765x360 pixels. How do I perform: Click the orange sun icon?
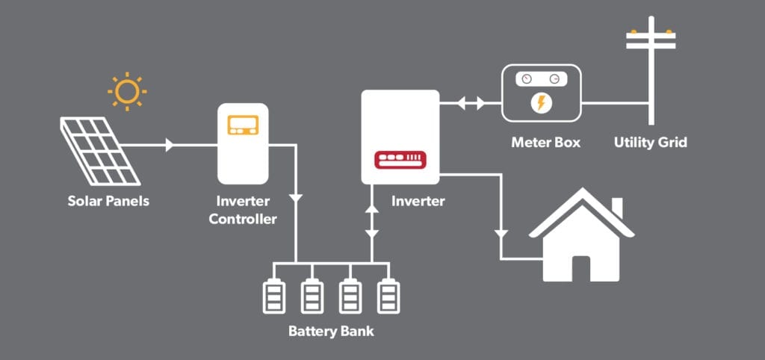pos(127,91)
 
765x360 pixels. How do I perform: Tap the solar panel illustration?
pos(101,151)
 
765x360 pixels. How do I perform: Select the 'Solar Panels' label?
pos(108,201)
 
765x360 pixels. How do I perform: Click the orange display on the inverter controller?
pos(244,125)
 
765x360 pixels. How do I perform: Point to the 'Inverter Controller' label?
pos(243,210)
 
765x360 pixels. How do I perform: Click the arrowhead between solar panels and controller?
pos(170,145)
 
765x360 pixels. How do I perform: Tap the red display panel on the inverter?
pos(400,160)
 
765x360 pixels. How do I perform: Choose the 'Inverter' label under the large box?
pos(418,201)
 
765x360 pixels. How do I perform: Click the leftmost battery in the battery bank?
pos(273,296)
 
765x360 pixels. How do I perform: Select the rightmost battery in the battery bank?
pos(388,296)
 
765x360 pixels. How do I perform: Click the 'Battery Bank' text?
pos(331,331)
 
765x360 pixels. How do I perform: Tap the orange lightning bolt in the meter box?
pos(541,103)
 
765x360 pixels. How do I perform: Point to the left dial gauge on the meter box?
pos(527,79)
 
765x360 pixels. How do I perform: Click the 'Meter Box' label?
pos(546,143)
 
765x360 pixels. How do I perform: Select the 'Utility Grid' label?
pos(651,143)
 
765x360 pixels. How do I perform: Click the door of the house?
pos(581,269)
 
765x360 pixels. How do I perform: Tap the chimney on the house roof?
pos(617,208)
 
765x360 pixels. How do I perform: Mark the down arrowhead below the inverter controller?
pos(296,199)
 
